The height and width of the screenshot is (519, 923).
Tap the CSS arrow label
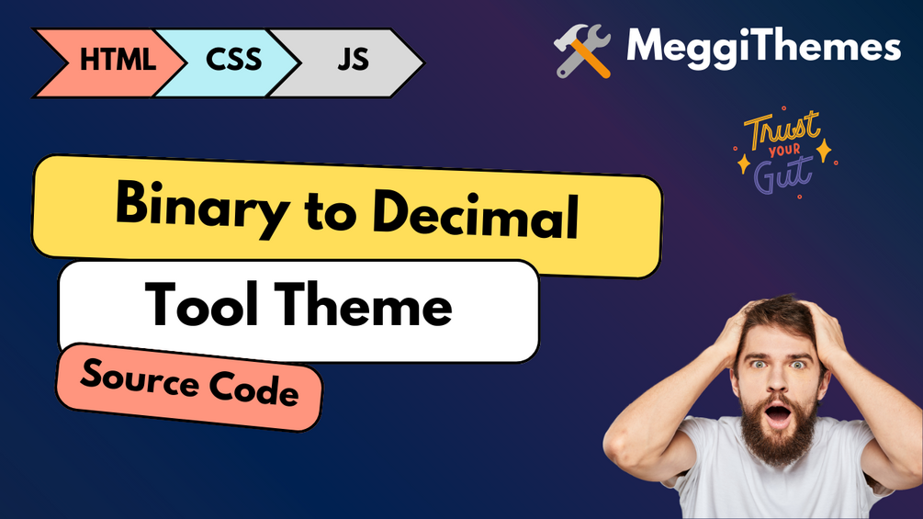pyautogui.click(x=233, y=60)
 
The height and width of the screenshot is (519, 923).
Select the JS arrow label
pyautogui.click(x=354, y=60)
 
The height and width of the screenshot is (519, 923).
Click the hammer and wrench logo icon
pyautogui.click(x=582, y=51)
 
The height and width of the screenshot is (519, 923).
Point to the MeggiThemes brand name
pyautogui.click(x=763, y=47)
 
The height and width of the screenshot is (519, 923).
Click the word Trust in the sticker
pyautogui.click(x=782, y=129)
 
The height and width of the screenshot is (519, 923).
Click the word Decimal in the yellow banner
pyautogui.click(x=476, y=214)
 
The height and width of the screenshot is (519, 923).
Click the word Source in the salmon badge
pyautogui.click(x=141, y=380)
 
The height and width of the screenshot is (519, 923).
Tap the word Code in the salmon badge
pyautogui.click(x=254, y=389)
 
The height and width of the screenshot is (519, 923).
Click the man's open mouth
pyautogui.click(x=778, y=415)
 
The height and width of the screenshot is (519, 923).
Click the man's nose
pyautogui.click(x=778, y=382)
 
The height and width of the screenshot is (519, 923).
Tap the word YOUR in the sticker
pyautogui.click(x=784, y=150)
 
